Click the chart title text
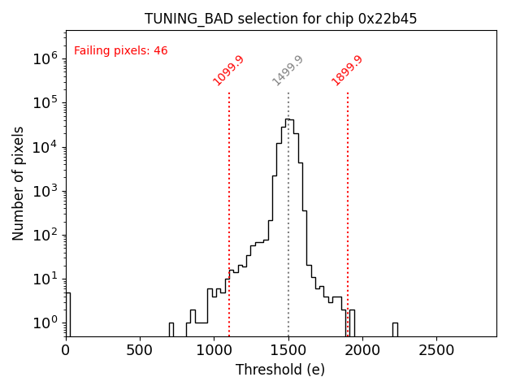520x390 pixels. (x=280, y=19)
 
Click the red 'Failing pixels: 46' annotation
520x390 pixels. (x=120, y=50)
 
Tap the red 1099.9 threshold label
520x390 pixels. (x=228, y=71)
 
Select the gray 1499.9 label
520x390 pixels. (x=288, y=71)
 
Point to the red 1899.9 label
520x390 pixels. (x=347, y=71)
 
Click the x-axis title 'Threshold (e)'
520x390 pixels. (x=280, y=370)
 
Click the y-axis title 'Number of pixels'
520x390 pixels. (x=18, y=183)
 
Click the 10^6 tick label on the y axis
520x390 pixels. (x=45, y=58)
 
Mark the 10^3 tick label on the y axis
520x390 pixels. (x=45, y=191)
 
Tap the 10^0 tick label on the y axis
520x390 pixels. (x=45, y=323)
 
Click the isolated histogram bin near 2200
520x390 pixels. (x=395, y=329)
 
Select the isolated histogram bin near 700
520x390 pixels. (x=171, y=329)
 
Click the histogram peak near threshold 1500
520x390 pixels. (x=288, y=120)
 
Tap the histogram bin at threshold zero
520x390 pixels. (x=68, y=313)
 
